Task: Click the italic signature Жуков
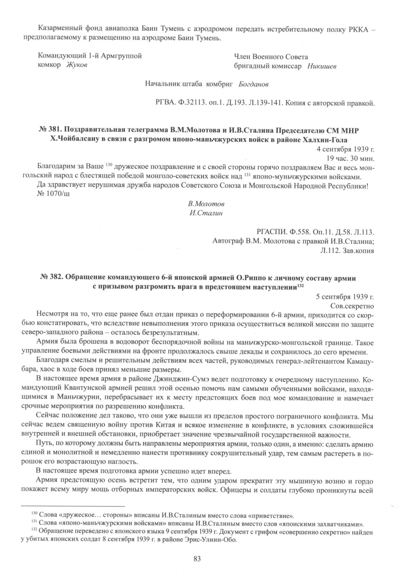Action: pos(77,65)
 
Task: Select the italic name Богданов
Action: pos(254,85)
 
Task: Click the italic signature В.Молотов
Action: pos(206,204)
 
